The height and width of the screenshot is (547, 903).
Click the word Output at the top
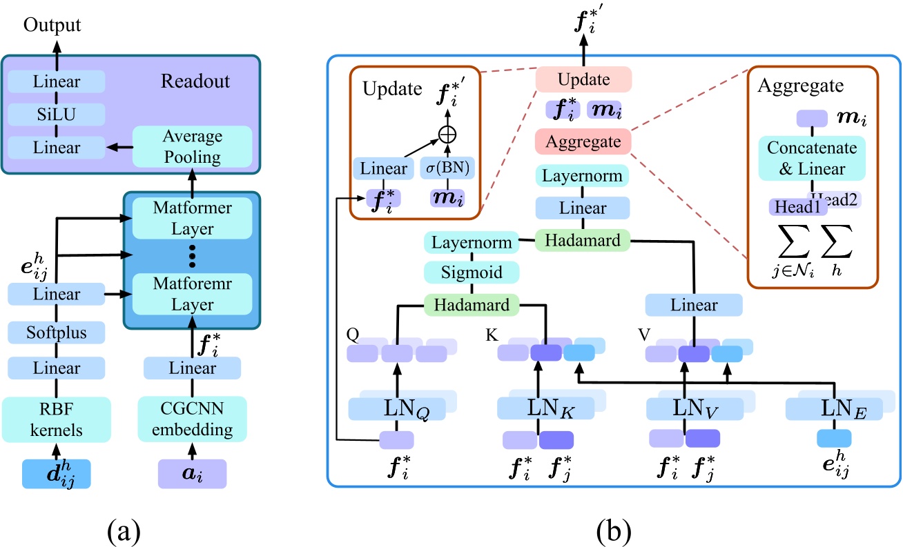click(x=52, y=26)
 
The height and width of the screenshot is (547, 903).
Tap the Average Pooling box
click(x=192, y=146)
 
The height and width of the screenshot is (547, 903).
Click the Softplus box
click(x=56, y=333)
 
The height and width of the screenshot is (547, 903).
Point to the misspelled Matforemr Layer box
click(x=193, y=294)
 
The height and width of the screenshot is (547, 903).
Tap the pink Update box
click(x=583, y=79)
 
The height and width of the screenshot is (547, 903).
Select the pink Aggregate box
click(x=583, y=143)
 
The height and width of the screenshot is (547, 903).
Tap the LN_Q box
click(x=396, y=408)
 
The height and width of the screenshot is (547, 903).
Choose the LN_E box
click(x=834, y=408)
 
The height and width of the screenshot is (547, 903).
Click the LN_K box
click(x=545, y=408)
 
